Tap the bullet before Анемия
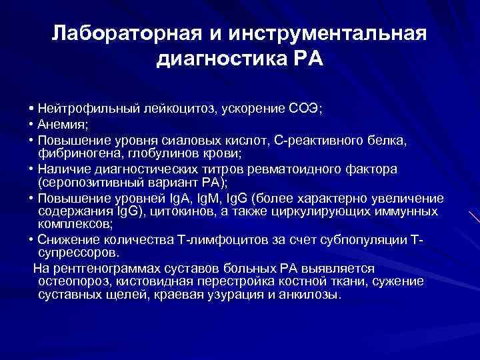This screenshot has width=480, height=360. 32,123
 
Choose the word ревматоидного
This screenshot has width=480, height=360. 310,169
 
